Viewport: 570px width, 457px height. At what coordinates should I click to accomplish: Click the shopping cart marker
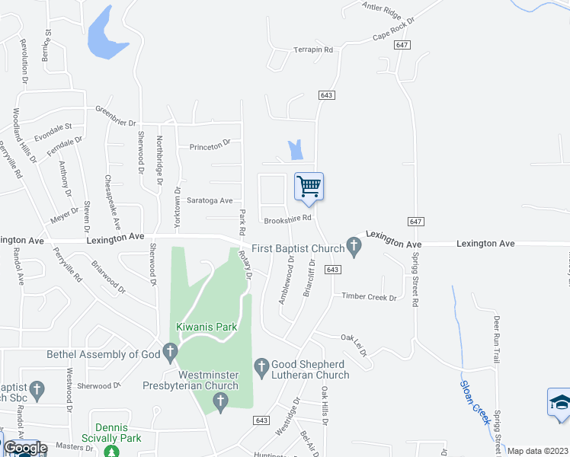(309, 186)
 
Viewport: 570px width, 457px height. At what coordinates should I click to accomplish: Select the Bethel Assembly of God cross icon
(169, 352)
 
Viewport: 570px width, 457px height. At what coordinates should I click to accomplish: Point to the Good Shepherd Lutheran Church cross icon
(261, 366)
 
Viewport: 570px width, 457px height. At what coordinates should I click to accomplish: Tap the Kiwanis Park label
(207, 328)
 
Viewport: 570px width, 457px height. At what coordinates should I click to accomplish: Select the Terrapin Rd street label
(313, 50)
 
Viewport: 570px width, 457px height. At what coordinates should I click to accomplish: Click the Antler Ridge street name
(382, 11)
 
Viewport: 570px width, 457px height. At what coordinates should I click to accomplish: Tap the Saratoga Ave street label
(210, 200)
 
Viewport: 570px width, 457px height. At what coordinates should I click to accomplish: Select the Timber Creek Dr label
(369, 296)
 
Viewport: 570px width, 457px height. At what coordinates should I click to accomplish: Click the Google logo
(26, 448)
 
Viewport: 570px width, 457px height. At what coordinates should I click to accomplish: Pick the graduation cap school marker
(559, 404)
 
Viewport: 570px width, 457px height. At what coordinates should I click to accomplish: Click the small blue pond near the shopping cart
(295, 150)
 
